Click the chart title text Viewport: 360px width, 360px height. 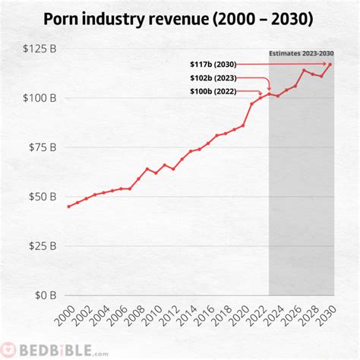tap(180, 18)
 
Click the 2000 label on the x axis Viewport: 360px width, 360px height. tap(64, 318)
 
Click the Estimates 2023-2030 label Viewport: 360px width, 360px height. tap(302, 52)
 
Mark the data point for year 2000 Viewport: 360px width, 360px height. tap(68, 207)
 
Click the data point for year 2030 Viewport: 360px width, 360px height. tap(330, 65)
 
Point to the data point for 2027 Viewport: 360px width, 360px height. tap(304, 71)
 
